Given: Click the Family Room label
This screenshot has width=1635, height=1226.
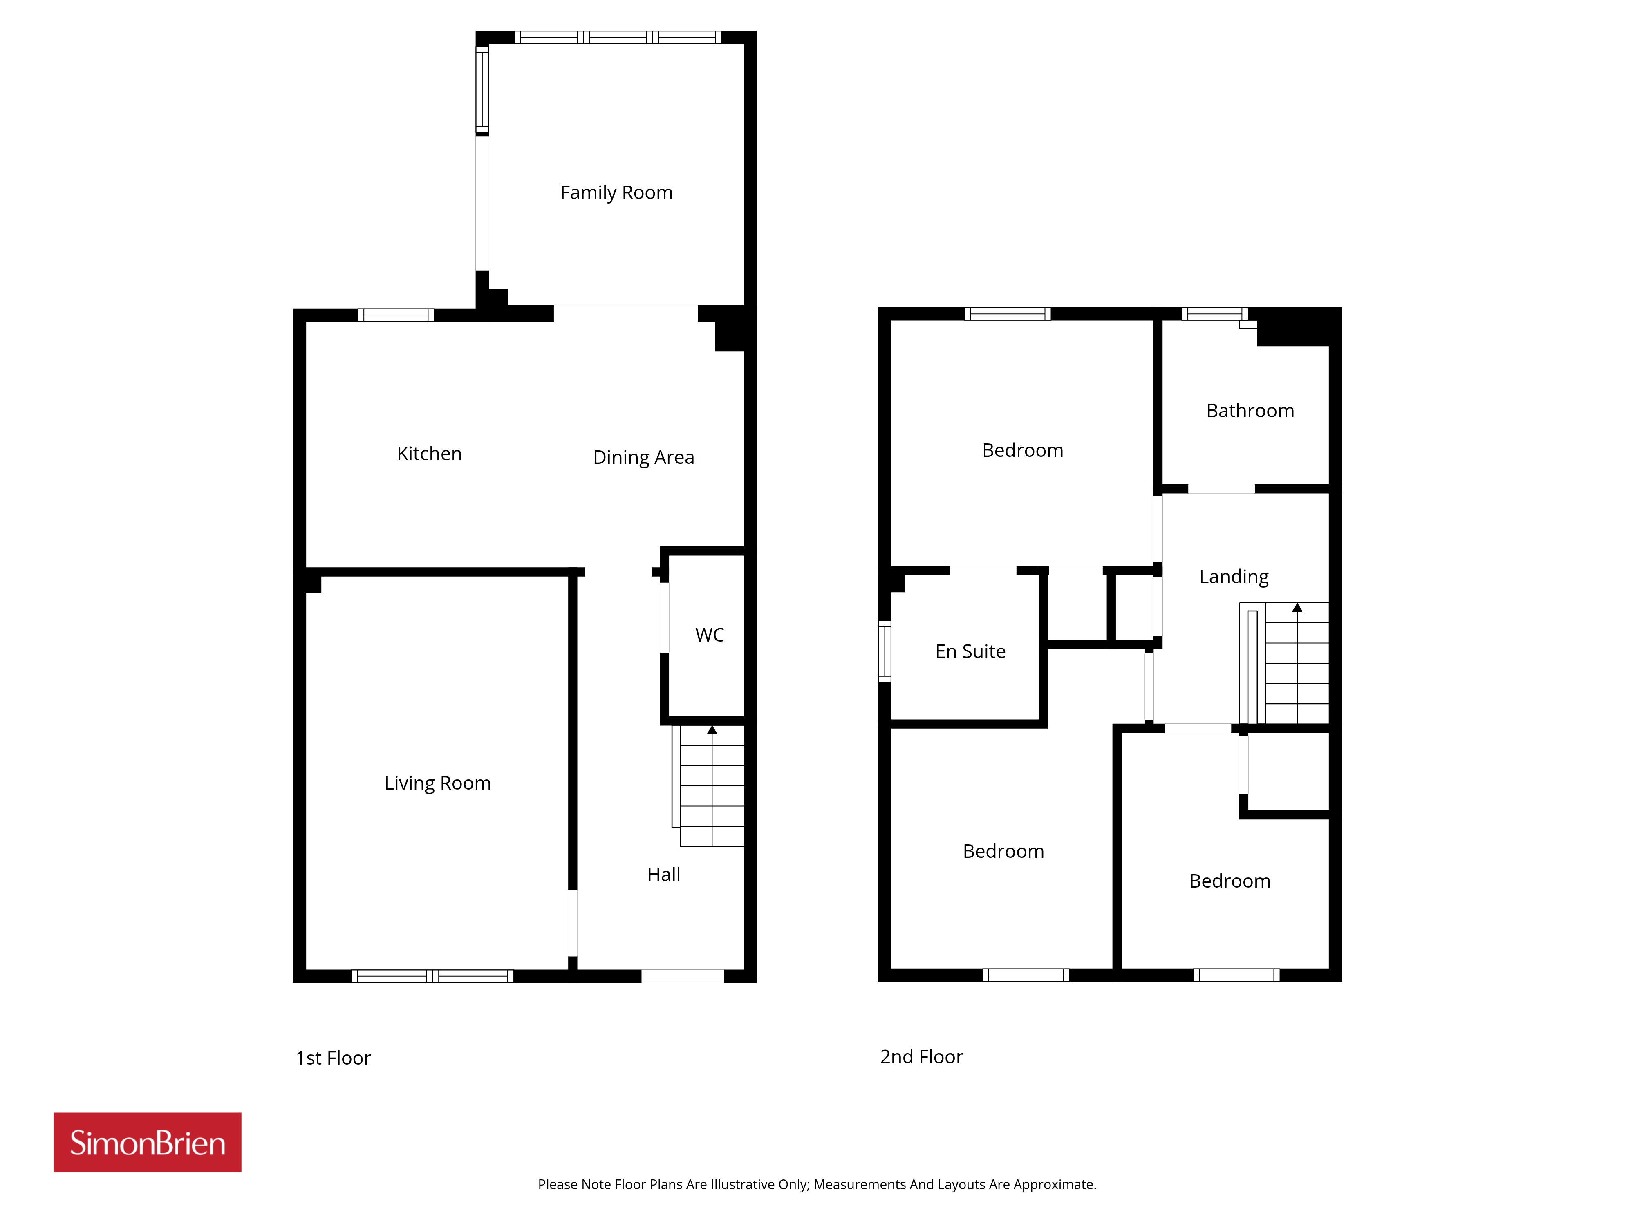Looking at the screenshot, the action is tap(616, 193).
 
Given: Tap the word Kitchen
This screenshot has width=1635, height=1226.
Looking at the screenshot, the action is tap(430, 454).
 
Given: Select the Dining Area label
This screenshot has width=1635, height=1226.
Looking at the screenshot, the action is tap(644, 457).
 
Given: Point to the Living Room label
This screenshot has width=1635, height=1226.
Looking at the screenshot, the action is tap(438, 783).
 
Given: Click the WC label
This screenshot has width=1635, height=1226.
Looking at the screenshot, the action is tap(710, 635).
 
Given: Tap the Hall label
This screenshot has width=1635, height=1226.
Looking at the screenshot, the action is tap(664, 875).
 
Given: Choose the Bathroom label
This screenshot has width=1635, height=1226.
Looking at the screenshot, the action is tap(1251, 411).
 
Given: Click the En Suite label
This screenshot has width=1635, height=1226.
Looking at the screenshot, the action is tap(970, 652).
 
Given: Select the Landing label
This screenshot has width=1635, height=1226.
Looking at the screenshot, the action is tap(1234, 577).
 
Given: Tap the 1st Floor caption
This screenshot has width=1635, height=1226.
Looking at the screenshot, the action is tap(334, 1058).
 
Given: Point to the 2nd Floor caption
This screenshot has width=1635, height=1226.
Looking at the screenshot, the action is tap(922, 1057).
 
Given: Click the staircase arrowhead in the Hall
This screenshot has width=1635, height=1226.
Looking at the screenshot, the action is tap(712, 730).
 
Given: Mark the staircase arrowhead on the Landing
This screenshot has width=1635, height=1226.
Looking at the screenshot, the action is tap(1297, 607).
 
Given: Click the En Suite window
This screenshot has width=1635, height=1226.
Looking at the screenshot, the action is tap(885, 651).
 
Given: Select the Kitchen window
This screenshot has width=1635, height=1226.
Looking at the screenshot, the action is tap(396, 315).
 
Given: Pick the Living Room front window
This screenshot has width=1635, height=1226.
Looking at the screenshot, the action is tap(432, 976).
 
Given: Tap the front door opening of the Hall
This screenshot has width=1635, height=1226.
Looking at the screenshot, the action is tap(682, 976).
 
